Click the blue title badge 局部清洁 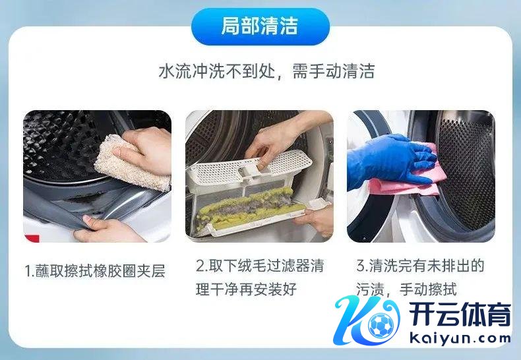point(260,26)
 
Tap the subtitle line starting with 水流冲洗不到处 point(266,71)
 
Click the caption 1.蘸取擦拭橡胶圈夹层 point(95,271)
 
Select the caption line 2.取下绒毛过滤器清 point(260,266)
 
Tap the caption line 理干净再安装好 point(246,289)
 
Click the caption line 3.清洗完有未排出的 point(420,266)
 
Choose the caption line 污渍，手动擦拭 point(407,289)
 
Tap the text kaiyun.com point(460,339)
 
